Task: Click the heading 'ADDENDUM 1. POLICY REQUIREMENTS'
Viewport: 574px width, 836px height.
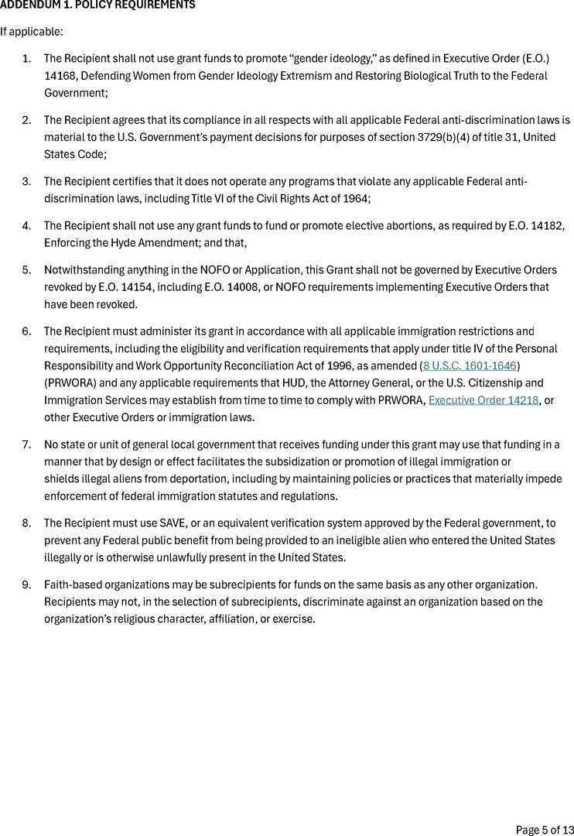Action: click(97, 5)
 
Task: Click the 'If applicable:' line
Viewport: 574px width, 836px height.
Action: click(31, 32)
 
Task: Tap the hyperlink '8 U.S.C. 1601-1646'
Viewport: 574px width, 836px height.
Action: click(470, 365)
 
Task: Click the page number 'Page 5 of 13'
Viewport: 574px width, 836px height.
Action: click(543, 830)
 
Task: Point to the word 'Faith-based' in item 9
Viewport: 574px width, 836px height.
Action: click(71, 584)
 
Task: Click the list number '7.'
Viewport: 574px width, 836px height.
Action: click(26, 444)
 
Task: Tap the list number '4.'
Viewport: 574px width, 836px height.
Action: click(26, 225)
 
